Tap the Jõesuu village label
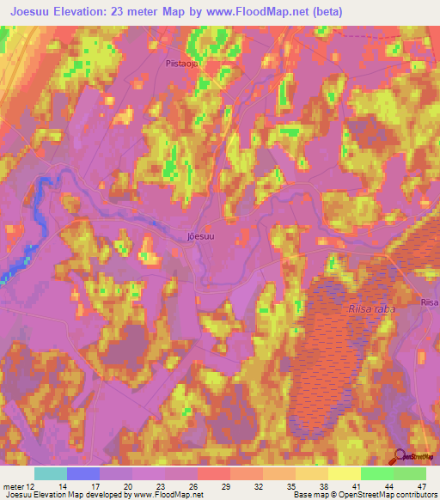click(x=199, y=234)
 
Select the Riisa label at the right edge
click(x=430, y=302)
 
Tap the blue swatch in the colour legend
click(x=82, y=473)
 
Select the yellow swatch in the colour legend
click(x=344, y=473)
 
